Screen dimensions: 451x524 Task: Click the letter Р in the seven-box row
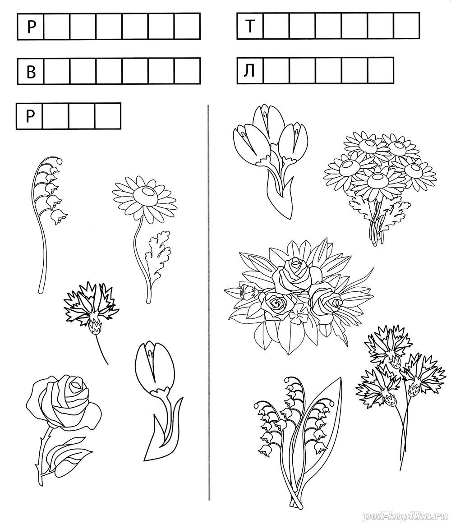point(30,27)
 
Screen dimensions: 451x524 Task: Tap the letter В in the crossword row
point(31,72)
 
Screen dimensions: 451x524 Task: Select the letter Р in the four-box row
point(30,116)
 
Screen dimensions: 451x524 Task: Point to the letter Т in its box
point(250,26)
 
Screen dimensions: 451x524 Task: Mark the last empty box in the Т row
point(406,26)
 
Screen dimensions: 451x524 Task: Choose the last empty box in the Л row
point(381,71)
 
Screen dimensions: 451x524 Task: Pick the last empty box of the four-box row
point(108,116)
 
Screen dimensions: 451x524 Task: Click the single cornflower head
point(92,308)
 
